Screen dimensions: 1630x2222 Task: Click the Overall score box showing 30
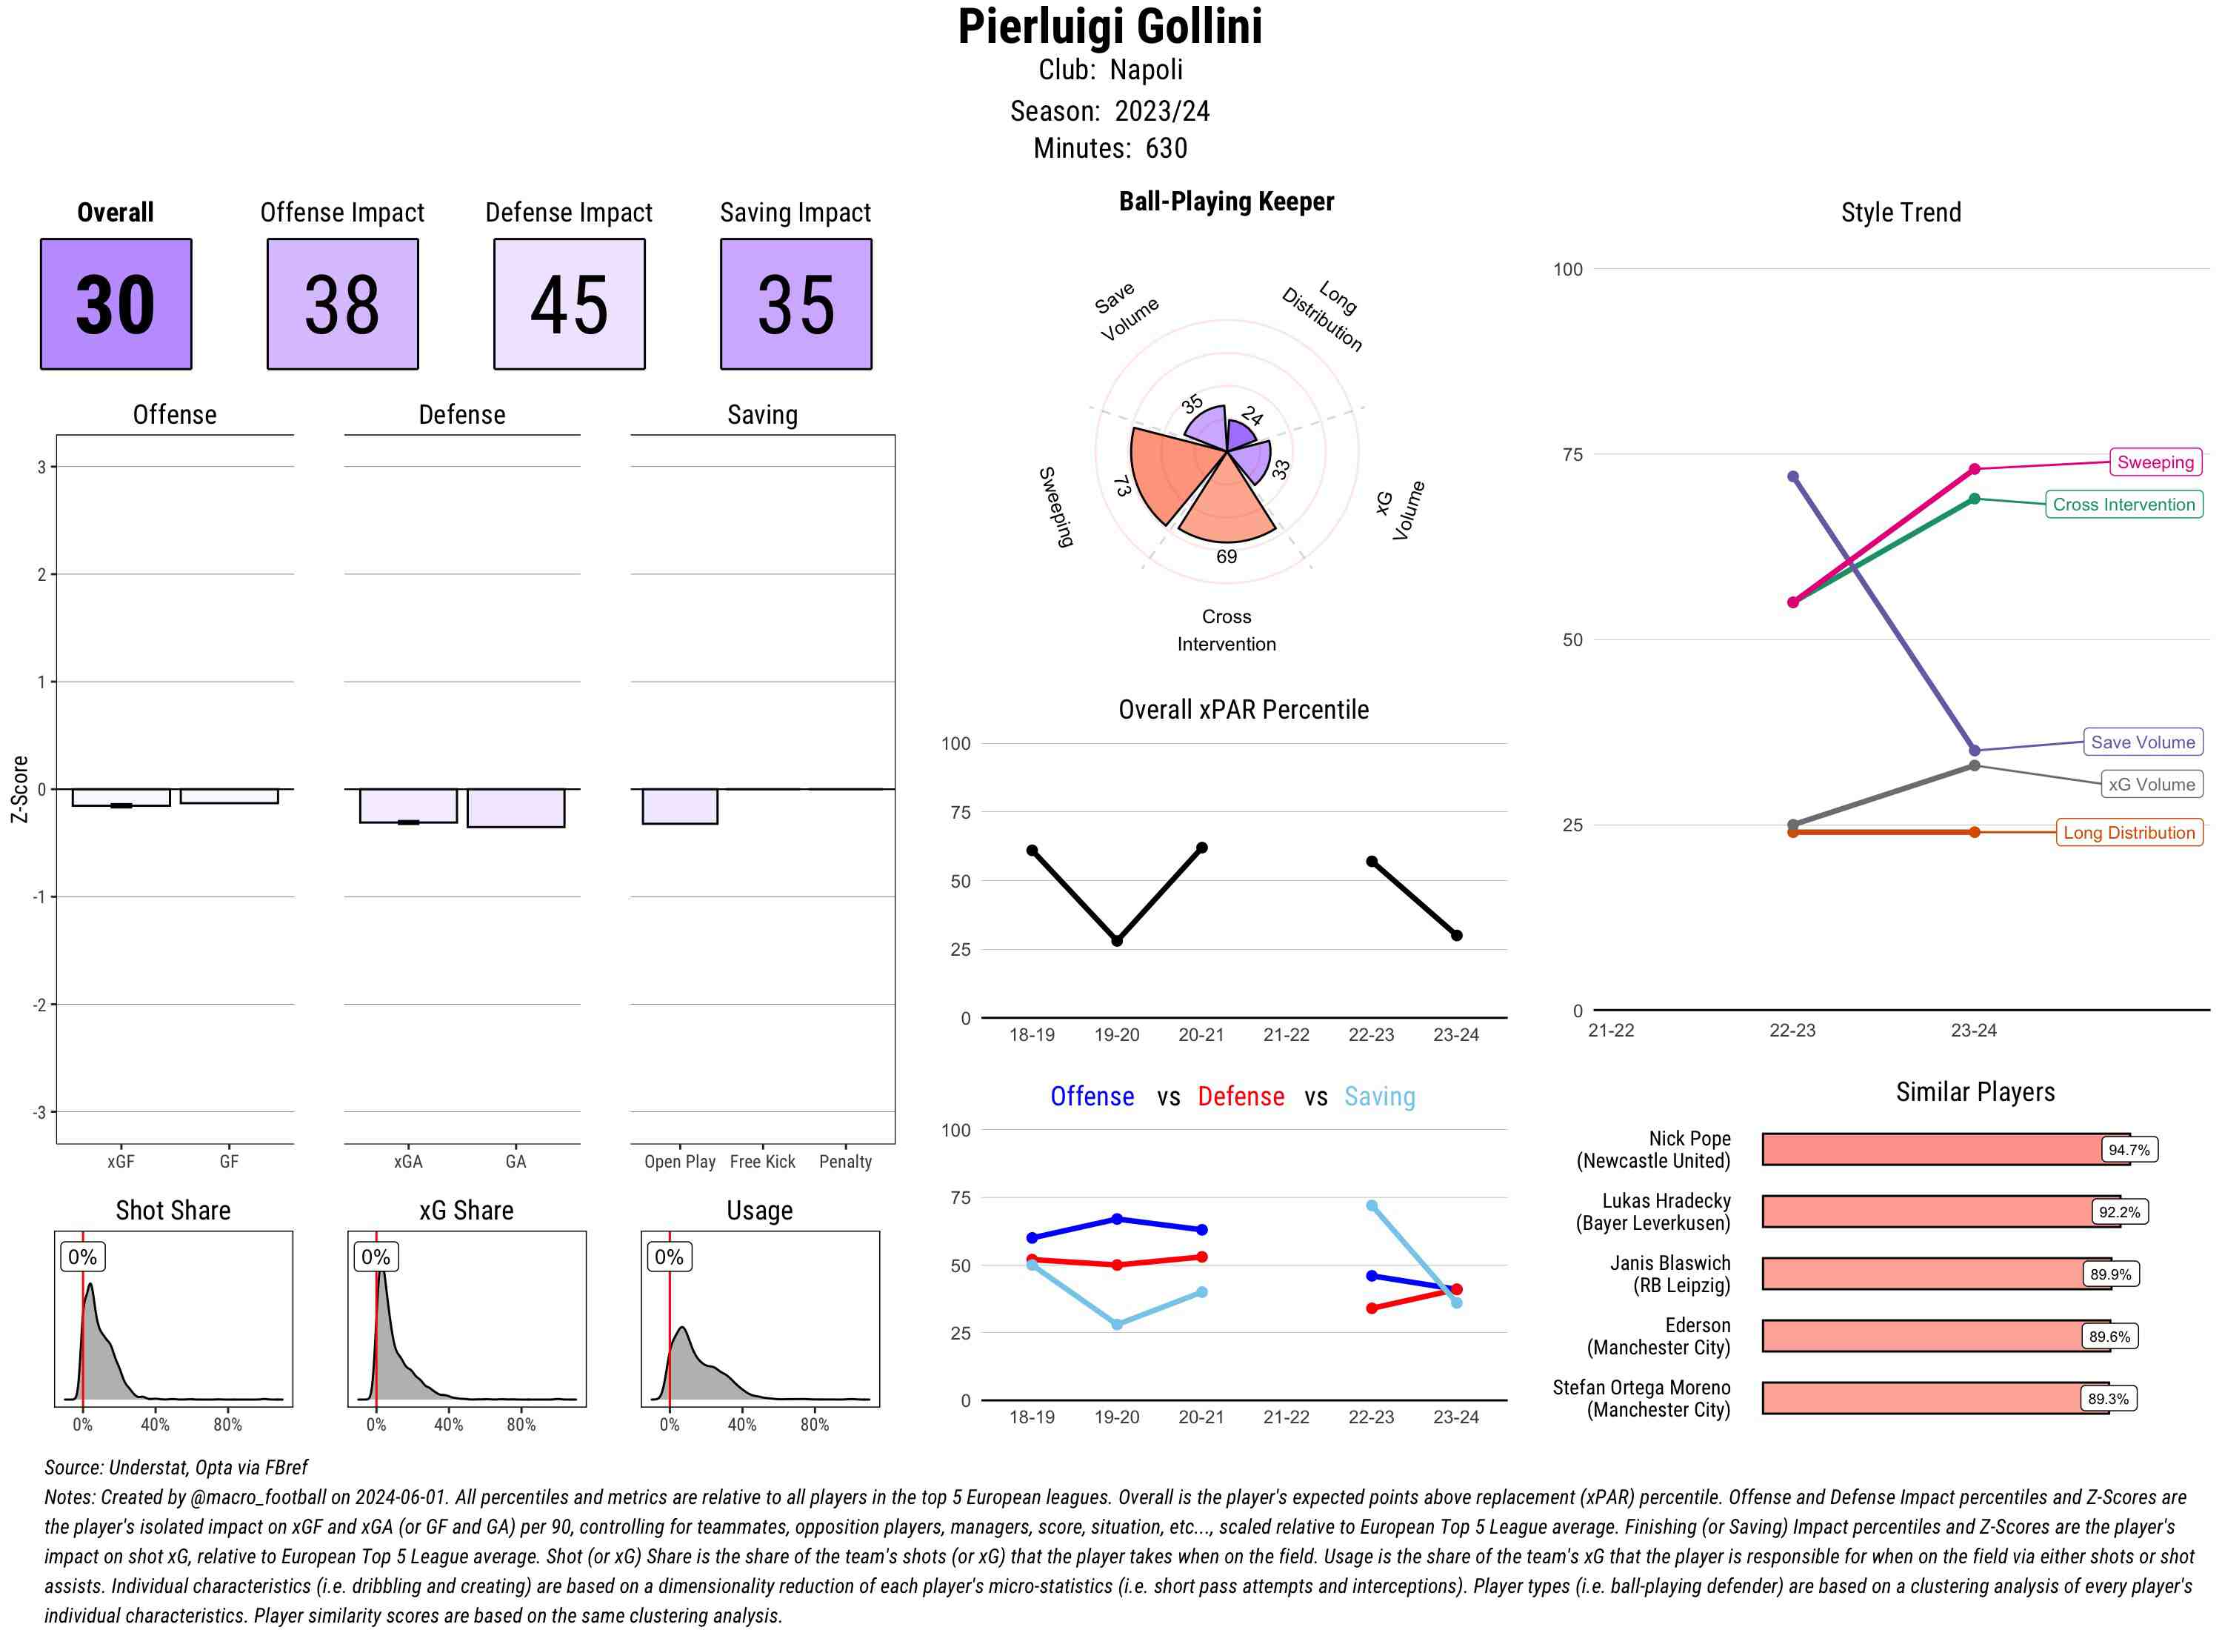pos(116,304)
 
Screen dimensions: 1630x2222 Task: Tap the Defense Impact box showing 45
pos(569,304)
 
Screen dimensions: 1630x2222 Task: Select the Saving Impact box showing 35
pos(796,304)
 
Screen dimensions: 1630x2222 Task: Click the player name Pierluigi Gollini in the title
pos(1110,27)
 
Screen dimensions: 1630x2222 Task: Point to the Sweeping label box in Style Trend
pos(2155,462)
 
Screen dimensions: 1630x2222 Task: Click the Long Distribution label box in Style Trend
pos(2129,833)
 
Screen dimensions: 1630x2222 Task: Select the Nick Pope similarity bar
pos(1933,1149)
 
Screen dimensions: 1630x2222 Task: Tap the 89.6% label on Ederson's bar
pos(2109,1337)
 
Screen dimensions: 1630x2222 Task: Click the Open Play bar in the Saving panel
pos(679,806)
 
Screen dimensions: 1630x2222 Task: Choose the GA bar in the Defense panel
pos(516,808)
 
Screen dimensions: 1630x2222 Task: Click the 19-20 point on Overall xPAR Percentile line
pos(1116,941)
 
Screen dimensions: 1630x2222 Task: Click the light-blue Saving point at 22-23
pos(1372,1205)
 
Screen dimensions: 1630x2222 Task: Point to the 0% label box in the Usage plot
pos(669,1257)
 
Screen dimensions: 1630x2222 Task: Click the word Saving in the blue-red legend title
pos(1379,1097)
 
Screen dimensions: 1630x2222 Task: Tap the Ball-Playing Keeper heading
pos(1226,202)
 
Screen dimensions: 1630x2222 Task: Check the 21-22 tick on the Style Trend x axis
pos(1610,1030)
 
